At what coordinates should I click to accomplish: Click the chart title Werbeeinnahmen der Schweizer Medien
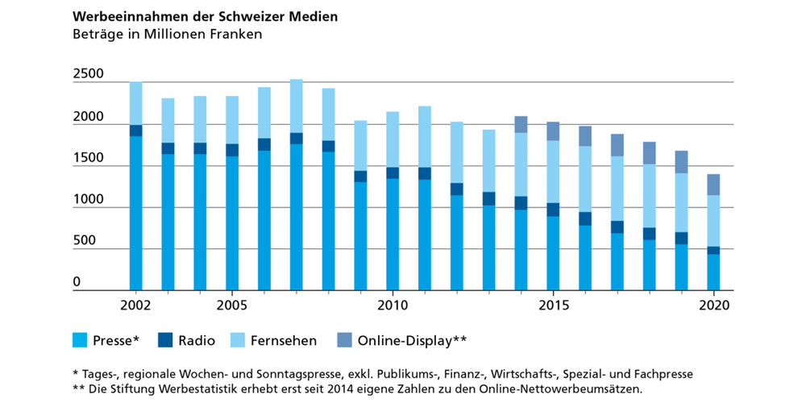coord(206,16)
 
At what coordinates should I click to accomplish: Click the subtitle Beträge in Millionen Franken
coord(167,35)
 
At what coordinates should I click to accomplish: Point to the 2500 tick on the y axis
coord(88,75)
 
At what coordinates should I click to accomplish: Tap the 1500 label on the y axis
coord(88,159)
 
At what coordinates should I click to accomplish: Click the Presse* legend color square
coord(80,340)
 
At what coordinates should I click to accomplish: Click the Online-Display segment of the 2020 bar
coord(714,185)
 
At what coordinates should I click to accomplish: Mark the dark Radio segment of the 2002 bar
coord(135,131)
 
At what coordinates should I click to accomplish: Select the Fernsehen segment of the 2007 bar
coord(297,106)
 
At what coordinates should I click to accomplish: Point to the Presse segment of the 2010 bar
coord(393,234)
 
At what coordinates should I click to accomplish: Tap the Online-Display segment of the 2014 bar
coord(521,124)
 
